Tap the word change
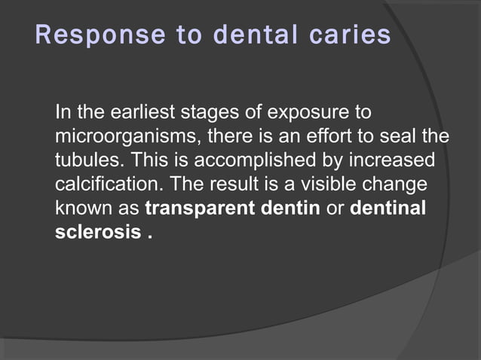pyautogui.click(x=400, y=184)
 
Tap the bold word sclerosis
pyautogui.click(x=97, y=230)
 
